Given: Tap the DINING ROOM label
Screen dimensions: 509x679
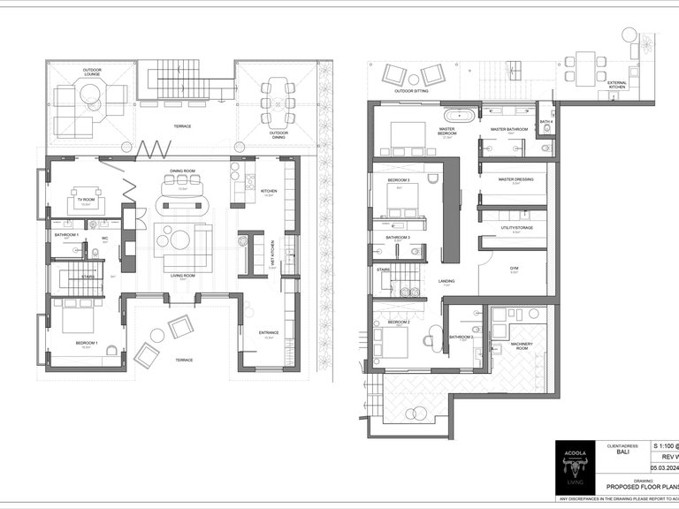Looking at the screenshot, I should (x=183, y=171).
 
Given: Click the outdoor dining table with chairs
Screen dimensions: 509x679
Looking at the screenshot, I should (x=278, y=101).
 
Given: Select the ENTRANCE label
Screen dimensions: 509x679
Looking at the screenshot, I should (x=269, y=332).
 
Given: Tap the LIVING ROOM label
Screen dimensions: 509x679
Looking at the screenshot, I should (x=183, y=274).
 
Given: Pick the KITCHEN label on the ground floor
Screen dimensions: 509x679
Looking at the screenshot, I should (x=270, y=188).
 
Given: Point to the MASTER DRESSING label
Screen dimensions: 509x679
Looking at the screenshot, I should (x=515, y=180).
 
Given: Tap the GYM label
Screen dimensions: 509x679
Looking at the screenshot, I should (x=514, y=268).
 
